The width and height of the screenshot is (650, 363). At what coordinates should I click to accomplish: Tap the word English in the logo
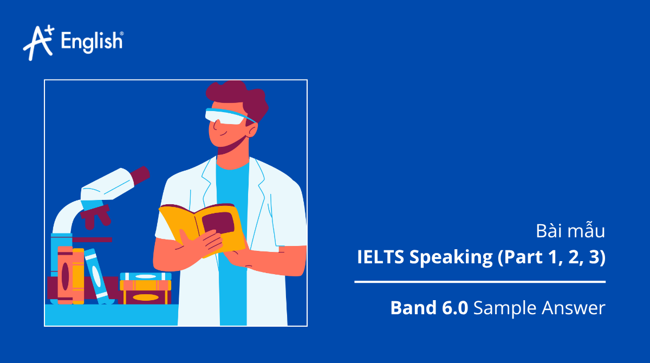[x=92, y=41]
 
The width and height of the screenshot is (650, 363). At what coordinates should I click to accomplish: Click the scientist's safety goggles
[x=227, y=115]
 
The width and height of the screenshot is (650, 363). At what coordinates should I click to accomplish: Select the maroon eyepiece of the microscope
[x=139, y=174]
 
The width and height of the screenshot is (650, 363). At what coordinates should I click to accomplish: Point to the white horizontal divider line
[x=479, y=282]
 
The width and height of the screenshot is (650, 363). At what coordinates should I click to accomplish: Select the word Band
[x=411, y=308]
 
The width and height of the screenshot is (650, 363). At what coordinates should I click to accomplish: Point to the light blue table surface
[x=108, y=315]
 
